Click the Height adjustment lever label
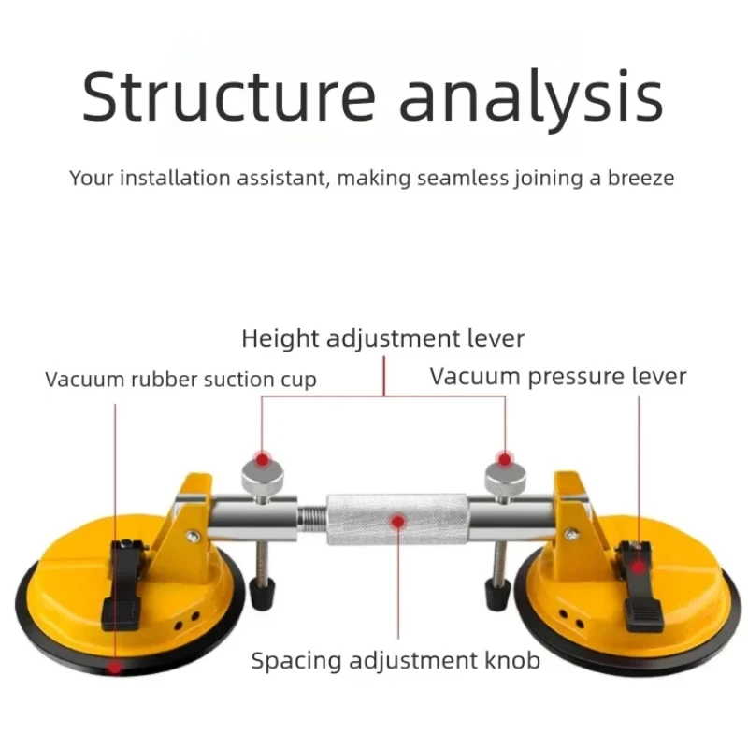(x=382, y=338)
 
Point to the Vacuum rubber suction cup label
(x=180, y=379)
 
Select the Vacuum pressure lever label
(x=558, y=376)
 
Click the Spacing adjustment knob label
(x=396, y=661)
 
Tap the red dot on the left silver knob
(x=263, y=459)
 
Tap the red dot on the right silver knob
(x=505, y=459)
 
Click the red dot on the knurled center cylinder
(x=398, y=520)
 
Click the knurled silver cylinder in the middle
(x=398, y=518)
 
